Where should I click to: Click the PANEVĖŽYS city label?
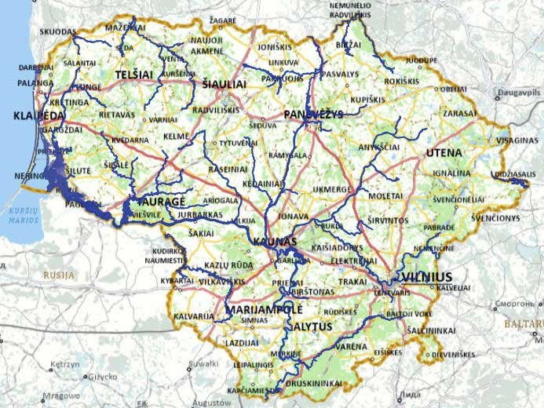(314, 115)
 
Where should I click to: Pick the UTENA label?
(441, 151)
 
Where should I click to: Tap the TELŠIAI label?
(134, 74)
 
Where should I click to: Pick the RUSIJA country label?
(60, 275)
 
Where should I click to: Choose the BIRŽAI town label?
(346, 46)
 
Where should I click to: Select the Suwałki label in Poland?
(204, 365)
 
